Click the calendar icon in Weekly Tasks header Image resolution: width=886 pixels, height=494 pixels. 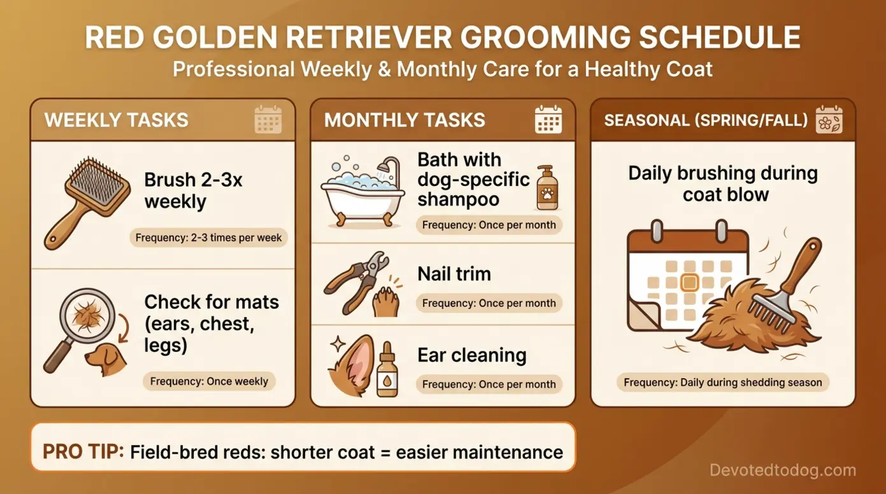pyautogui.click(x=268, y=120)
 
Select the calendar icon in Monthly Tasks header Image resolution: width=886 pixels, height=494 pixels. pyautogui.click(x=548, y=120)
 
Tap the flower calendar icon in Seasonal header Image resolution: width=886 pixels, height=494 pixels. pyautogui.click(x=829, y=120)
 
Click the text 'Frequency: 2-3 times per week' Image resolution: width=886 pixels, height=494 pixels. pyautogui.click(x=209, y=238)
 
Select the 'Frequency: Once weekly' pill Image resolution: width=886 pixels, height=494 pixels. pyautogui.click(x=209, y=382)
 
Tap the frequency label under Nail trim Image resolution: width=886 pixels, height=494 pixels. pyautogui.click(x=489, y=304)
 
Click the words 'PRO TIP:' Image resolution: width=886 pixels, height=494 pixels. pyautogui.click(x=83, y=452)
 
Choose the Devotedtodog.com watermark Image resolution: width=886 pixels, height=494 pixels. pyautogui.click(x=783, y=470)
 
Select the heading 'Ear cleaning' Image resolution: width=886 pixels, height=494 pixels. pyautogui.click(x=471, y=355)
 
